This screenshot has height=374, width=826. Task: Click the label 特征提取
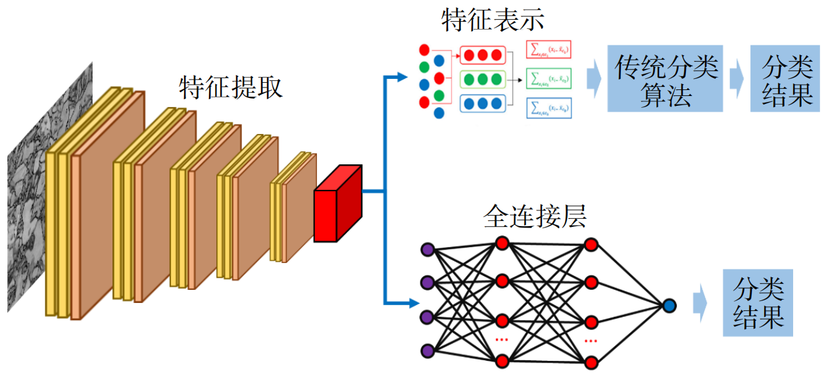[231, 87]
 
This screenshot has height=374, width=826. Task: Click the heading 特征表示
[493, 20]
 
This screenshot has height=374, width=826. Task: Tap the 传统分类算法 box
[665, 78]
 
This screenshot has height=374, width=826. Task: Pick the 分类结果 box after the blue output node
[758, 302]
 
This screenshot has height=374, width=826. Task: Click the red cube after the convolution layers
[337, 204]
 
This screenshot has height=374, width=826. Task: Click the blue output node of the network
[669, 305]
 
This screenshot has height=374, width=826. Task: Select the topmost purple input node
[428, 249]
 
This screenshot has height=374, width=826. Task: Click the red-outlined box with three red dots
[482, 55]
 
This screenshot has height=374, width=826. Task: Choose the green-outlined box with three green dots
[482, 80]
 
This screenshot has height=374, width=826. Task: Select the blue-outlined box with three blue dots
[482, 103]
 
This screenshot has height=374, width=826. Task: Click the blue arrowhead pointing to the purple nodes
[413, 303]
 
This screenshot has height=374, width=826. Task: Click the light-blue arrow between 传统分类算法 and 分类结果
[736, 78]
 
